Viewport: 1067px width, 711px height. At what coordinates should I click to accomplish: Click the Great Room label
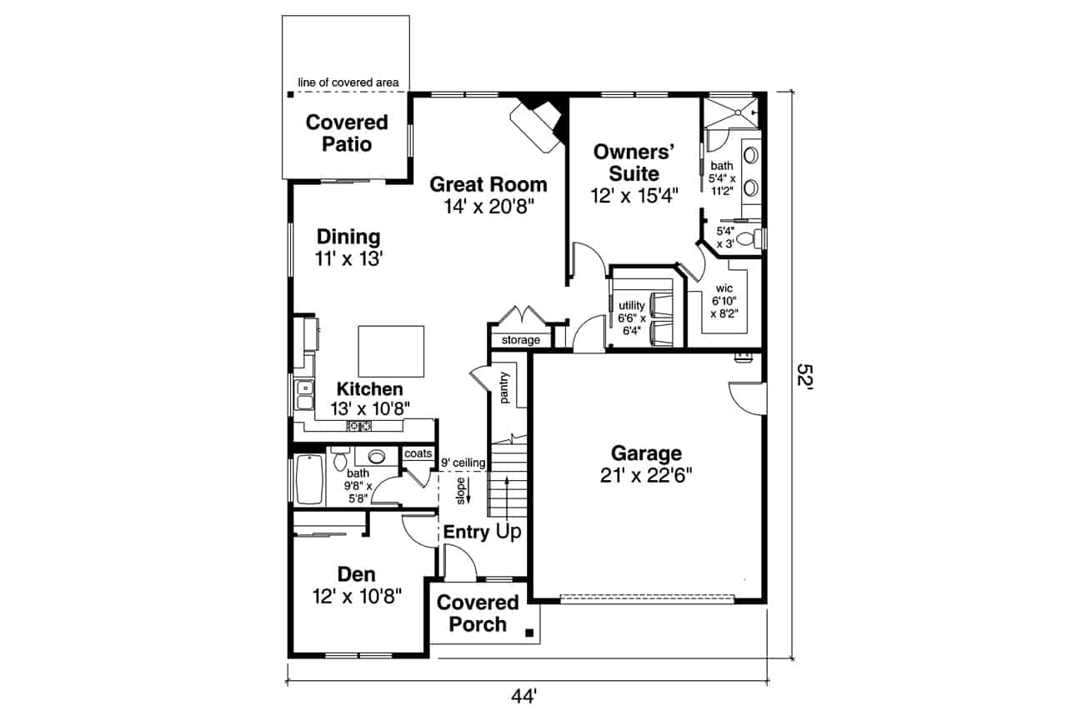488,184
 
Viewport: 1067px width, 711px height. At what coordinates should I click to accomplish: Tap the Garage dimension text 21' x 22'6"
646,475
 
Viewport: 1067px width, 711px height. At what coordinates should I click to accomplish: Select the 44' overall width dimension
525,694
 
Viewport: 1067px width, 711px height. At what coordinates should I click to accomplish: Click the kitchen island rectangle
391,351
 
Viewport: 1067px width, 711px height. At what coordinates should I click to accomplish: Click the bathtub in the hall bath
309,479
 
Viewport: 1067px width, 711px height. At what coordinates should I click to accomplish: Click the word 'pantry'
505,388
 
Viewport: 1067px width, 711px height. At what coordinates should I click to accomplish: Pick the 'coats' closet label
418,453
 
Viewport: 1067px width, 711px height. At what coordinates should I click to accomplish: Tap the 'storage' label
520,340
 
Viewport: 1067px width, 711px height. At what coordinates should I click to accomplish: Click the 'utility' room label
631,306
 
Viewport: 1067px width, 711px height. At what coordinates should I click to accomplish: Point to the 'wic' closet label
723,288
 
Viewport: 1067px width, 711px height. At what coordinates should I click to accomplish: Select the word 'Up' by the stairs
508,532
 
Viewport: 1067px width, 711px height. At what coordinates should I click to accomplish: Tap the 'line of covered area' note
348,83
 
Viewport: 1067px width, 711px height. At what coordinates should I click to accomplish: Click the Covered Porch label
478,613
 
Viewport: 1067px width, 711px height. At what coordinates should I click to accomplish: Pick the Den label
356,574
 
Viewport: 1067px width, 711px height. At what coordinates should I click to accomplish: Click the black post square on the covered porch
529,633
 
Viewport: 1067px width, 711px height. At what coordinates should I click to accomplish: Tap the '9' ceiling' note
463,463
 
